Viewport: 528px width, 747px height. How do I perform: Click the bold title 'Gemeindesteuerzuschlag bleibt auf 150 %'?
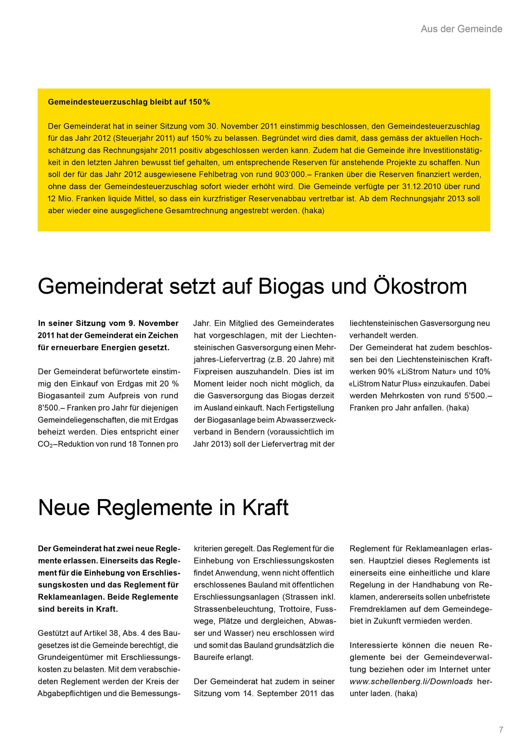(x=129, y=102)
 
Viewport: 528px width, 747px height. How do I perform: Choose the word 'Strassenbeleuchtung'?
(x=234, y=609)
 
